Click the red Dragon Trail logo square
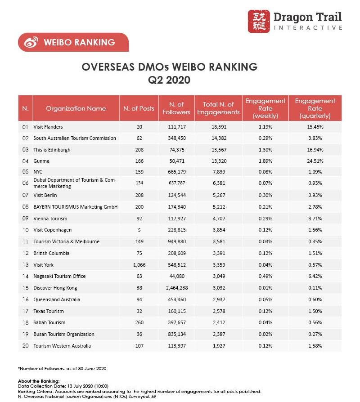[259, 21]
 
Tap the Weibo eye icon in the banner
[31, 43]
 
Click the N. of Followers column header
[176, 108]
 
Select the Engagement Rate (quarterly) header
[315, 108]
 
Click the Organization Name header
[76, 108]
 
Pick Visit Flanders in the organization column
[48, 127]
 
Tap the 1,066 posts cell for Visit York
[139, 265]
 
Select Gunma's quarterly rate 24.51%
[315, 161]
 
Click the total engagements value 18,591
[219, 127]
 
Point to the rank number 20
[26, 346]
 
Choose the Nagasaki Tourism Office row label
[59, 277]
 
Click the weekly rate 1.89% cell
[265, 161]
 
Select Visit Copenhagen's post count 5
[139, 230]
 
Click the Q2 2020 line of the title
[169, 81]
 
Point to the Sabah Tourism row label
[49, 322]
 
